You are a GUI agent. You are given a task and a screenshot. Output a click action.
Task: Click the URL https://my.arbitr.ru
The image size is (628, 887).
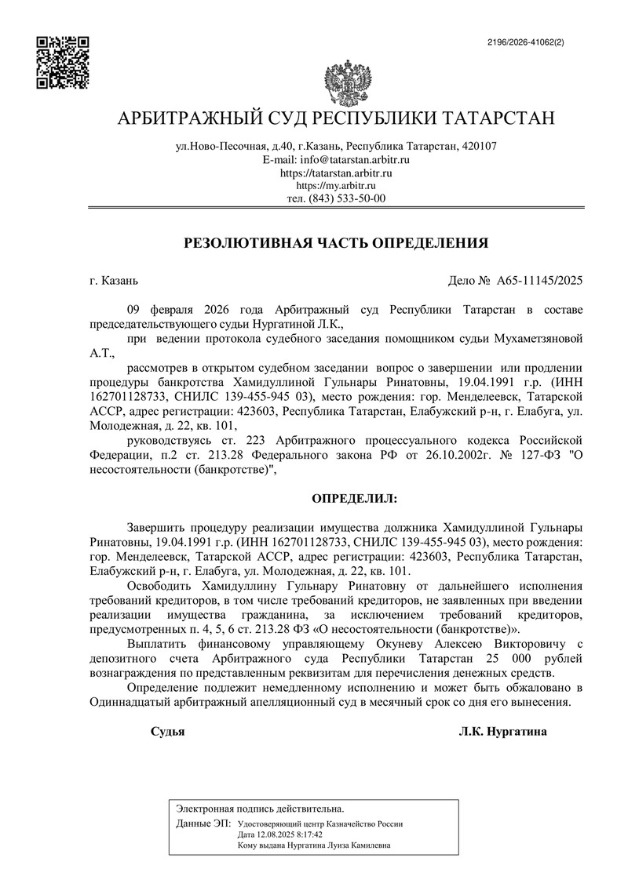(x=336, y=185)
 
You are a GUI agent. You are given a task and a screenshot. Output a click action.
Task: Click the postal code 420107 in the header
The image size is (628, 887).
(x=480, y=146)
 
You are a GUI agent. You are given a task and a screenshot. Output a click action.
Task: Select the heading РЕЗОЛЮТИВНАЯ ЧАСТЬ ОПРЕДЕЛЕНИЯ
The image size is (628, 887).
(x=336, y=243)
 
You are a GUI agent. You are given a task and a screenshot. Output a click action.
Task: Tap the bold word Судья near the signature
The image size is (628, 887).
(x=167, y=732)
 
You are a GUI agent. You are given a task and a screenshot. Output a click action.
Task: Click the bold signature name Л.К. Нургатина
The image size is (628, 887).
(x=502, y=732)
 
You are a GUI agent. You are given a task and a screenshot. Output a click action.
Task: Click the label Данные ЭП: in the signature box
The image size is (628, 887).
(x=203, y=824)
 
